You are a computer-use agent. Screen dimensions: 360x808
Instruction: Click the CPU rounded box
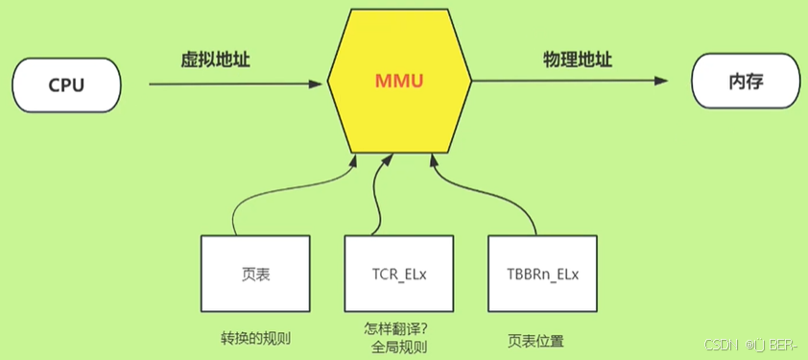tap(67, 85)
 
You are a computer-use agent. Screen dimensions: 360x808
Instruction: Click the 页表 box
tap(255, 274)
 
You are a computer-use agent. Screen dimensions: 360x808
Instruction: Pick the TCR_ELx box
tap(398, 274)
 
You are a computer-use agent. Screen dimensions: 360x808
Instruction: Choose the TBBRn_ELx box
tap(541, 274)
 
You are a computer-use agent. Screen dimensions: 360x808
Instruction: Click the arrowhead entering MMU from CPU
tap(318, 84)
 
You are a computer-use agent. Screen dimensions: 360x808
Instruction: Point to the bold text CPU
tap(67, 85)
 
